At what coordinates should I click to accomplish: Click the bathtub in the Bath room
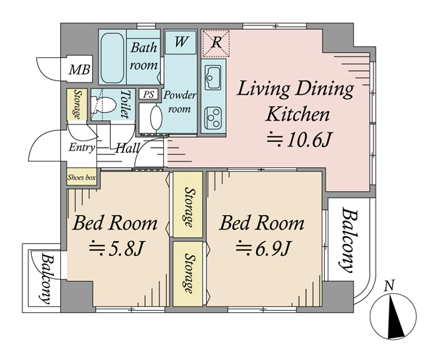[x=112, y=58]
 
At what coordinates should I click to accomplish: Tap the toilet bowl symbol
[x=103, y=104]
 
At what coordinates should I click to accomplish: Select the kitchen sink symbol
[x=213, y=78]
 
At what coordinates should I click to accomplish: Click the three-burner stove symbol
[x=213, y=118]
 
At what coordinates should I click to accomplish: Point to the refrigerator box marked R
[x=216, y=43]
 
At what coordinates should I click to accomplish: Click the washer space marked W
[x=181, y=42]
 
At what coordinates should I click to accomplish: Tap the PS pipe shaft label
[x=149, y=94]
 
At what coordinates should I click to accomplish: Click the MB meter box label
[x=79, y=70]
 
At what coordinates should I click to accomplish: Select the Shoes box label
[x=81, y=177]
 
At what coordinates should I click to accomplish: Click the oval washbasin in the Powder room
[x=156, y=117]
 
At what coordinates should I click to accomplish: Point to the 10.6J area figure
[x=299, y=139]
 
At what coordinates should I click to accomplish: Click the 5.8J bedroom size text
[x=117, y=248]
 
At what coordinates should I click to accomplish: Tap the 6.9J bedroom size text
[x=264, y=248]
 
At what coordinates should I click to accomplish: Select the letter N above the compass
[x=390, y=285]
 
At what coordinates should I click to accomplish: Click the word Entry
[x=82, y=148]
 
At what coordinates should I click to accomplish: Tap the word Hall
[x=127, y=148]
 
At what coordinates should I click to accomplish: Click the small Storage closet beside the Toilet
[x=77, y=104]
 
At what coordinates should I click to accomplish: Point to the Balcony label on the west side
[x=46, y=278]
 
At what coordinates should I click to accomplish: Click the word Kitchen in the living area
[x=298, y=114]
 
